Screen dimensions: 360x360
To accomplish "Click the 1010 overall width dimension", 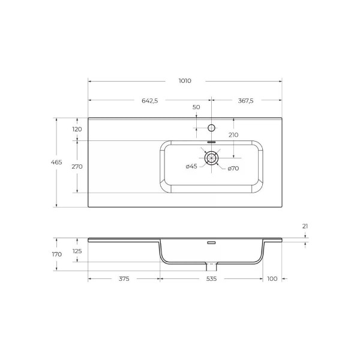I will coord(184,80).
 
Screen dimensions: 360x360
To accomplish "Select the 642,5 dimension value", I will coord(149,101).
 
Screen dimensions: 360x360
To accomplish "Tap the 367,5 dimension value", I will coord(245,101).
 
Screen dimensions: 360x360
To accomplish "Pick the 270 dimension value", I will coord(77,167).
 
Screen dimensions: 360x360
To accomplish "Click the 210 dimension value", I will coord(233,135).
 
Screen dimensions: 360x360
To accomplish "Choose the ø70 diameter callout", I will coord(233,168).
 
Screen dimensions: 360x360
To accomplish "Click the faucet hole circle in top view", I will coord(211,127).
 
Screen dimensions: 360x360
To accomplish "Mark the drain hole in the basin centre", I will coord(211,158).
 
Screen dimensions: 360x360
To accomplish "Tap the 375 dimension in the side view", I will coord(124,279).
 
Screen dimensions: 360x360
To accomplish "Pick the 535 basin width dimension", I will coord(211,279).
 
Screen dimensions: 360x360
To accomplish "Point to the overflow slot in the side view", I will coord(211,243).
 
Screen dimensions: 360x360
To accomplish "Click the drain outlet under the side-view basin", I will coord(211,266).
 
